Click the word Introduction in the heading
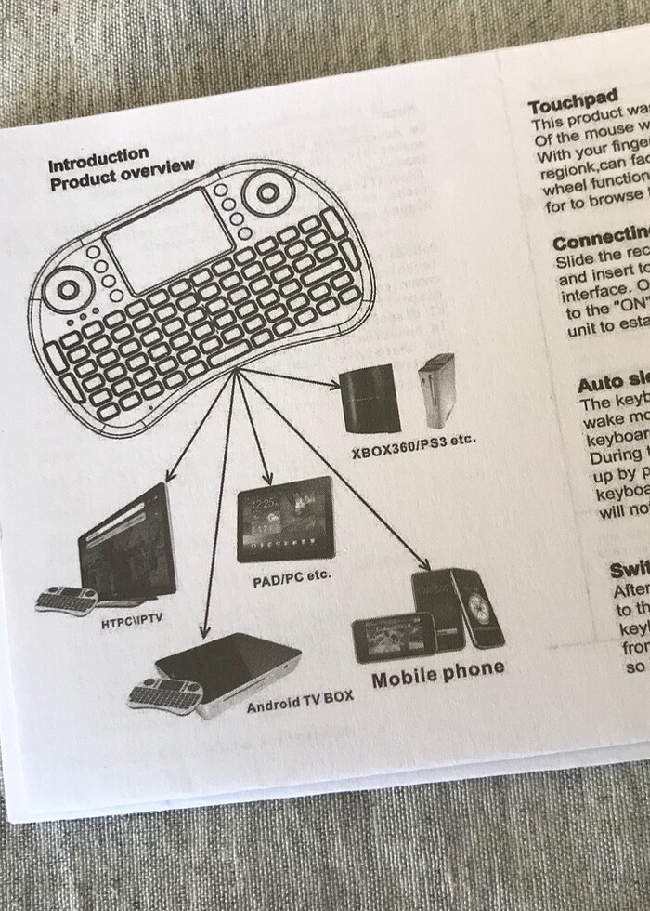coord(98,157)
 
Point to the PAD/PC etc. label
coord(292,577)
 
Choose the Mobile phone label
coord(438,669)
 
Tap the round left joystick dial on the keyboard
coord(69,287)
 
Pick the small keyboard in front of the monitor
coord(67,600)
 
